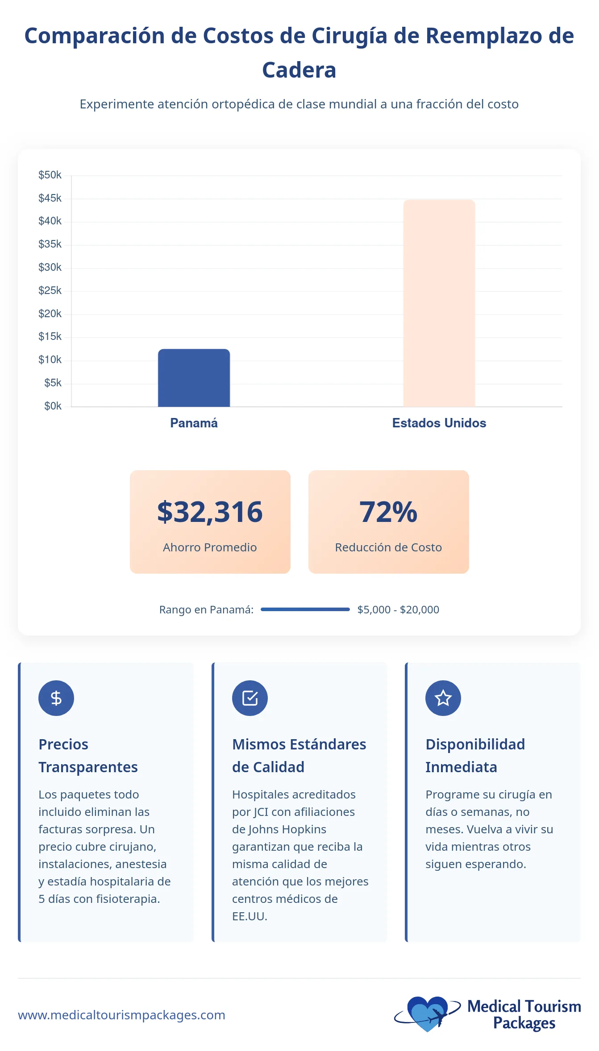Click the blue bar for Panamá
pyautogui.click(x=194, y=378)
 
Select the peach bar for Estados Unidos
pyautogui.click(x=439, y=303)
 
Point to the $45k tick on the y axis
pyautogui.click(x=50, y=198)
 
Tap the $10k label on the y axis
pyautogui.click(x=50, y=360)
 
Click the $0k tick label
pyautogui.click(x=53, y=406)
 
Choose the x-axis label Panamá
pyautogui.click(x=194, y=423)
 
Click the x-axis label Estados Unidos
pyautogui.click(x=439, y=423)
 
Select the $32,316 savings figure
pyautogui.click(x=210, y=512)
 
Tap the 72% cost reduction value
pyautogui.click(x=388, y=512)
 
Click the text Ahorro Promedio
pyautogui.click(x=210, y=547)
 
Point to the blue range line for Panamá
pyautogui.click(x=305, y=609)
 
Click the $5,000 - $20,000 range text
pyautogui.click(x=398, y=610)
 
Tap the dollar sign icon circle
pyautogui.click(x=56, y=698)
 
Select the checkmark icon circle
pyautogui.click(x=250, y=698)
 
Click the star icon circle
pyautogui.click(x=443, y=698)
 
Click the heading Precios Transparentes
pyautogui.click(x=88, y=756)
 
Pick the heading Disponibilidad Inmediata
pyautogui.click(x=475, y=756)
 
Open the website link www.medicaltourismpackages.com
pyautogui.click(x=121, y=1015)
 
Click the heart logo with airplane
pyautogui.click(x=428, y=1014)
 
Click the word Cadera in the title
pyautogui.click(x=299, y=70)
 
